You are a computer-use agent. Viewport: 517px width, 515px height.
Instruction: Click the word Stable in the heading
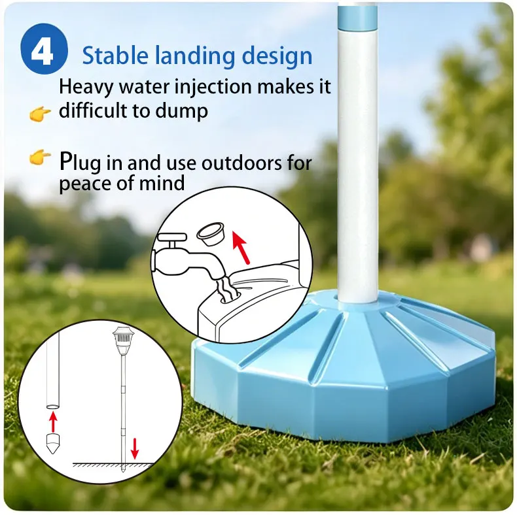click(x=115, y=56)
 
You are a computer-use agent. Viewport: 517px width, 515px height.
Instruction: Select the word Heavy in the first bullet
click(x=86, y=88)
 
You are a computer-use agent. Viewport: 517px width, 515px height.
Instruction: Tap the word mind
click(x=162, y=183)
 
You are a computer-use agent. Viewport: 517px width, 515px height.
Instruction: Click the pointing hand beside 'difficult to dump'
click(x=40, y=114)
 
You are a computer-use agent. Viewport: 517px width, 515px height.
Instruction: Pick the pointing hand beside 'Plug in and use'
click(x=40, y=157)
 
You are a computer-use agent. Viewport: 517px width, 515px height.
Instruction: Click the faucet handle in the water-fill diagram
click(x=172, y=237)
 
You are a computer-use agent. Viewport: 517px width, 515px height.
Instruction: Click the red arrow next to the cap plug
click(x=241, y=247)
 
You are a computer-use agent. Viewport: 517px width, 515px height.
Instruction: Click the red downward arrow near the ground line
click(x=134, y=448)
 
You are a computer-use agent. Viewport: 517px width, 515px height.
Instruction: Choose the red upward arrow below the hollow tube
click(x=53, y=422)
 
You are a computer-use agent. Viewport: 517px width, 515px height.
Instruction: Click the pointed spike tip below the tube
click(x=53, y=444)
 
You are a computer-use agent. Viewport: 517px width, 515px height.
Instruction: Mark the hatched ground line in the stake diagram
click(x=113, y=465)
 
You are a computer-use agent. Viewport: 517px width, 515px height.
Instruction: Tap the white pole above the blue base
click(x=358, y=165)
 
